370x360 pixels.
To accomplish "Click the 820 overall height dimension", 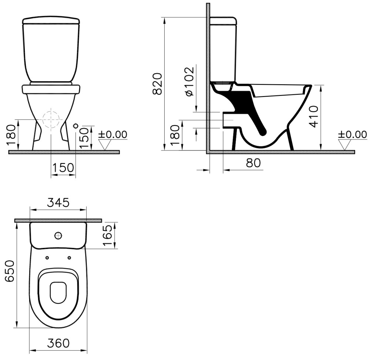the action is [157, 84].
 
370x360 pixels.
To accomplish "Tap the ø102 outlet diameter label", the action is [189, 81].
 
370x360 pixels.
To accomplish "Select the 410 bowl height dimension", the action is [314, 117].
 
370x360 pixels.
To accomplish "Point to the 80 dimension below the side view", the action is [253, 162].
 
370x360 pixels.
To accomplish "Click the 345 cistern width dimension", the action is [58, 203].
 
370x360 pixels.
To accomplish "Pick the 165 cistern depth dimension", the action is [108, 235].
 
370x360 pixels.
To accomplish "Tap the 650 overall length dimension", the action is [10, 271].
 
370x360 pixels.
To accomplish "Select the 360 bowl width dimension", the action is [58, 343].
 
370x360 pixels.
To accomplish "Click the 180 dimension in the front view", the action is [11, 135].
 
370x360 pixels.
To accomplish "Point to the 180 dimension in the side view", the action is [175, 135].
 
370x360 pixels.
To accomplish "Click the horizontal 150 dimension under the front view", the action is [63, 168].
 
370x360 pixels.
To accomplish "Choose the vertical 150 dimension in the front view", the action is [84, 138].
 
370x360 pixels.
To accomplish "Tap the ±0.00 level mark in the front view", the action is [112, 134].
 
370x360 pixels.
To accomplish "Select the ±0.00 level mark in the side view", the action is [353, 134].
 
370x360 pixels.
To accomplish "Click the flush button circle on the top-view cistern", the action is [58, 235].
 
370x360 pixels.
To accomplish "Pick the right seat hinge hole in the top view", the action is [69, 258].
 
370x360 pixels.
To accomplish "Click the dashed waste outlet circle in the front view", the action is [51, 120].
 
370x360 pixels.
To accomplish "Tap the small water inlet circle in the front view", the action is [76, 126].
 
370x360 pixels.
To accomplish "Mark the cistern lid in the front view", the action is [51, 20].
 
